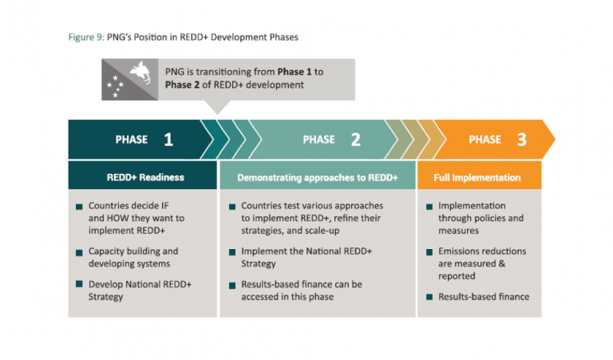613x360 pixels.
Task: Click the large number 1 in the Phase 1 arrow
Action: click(x=168, y=140)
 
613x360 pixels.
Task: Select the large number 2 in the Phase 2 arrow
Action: click(x=356, y=140)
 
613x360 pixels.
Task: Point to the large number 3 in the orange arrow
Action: click(x=521, y=140)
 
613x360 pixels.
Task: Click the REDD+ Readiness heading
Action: click(x=141, y=177)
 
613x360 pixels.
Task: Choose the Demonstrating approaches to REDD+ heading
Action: click(x=318, y=177)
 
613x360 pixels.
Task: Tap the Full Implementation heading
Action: click(x=477, y=177)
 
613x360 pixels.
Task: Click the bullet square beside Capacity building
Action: click(x=79, y=252)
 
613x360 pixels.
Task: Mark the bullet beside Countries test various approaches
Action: click(x=232, y=207)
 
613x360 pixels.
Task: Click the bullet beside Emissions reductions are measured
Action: click(x=429, y=252)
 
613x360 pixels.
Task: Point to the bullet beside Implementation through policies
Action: click(x=429, y=207)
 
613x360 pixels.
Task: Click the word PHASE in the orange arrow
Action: click(x=484, y=140)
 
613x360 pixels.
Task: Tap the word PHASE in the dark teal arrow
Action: click(x=132, y=140)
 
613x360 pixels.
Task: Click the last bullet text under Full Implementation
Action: click(x=484, y=297)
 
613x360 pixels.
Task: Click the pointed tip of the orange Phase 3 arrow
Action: click(x=552, y=140)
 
